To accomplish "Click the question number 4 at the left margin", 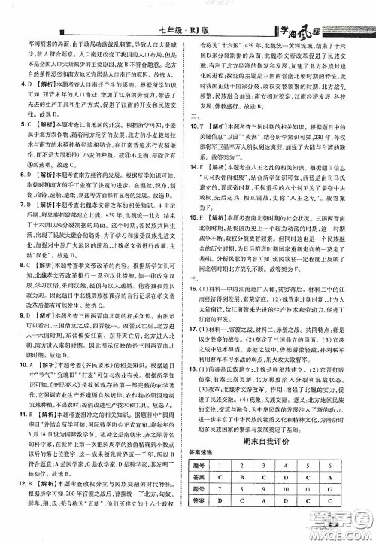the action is [x=21, y=86].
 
